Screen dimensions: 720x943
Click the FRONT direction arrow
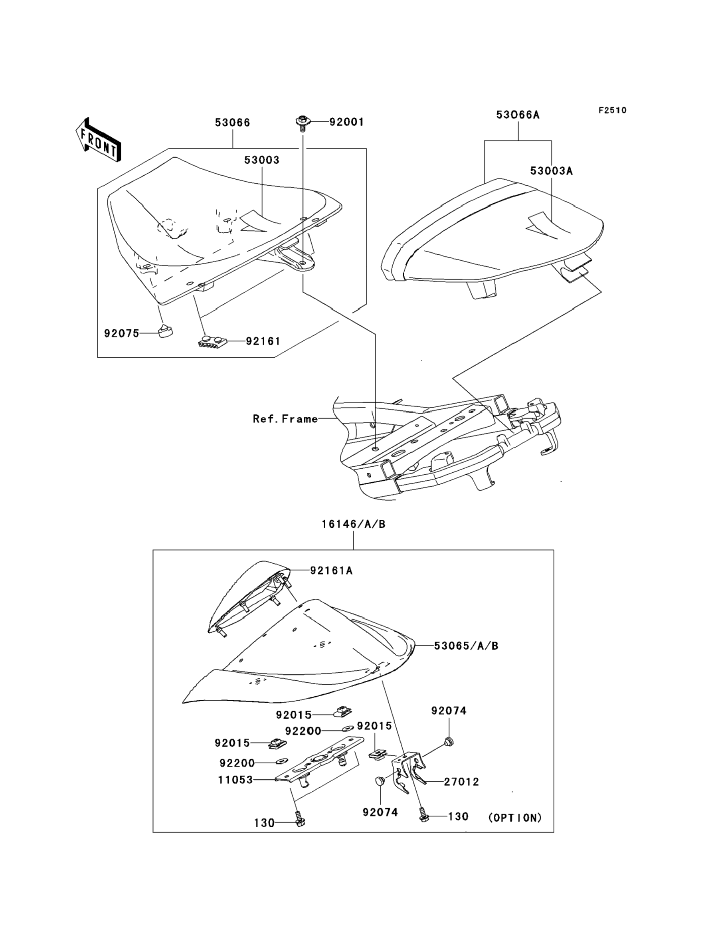[97, 140]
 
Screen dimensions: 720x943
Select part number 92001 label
[346, 122]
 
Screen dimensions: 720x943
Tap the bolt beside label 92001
[303, 122]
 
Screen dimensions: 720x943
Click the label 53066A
[518, 115]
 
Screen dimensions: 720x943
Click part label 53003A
[551, 170]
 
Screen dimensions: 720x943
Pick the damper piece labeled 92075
[164, 331]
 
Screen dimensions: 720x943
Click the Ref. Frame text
[285, 418]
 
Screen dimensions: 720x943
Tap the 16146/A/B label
[354, 524]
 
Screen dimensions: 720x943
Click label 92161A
[331, 571]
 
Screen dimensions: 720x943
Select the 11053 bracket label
[235, 780]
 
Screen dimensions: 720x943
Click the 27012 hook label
[461, 781]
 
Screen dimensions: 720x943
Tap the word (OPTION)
[515, 818]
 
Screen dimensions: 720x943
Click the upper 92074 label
[449, 711]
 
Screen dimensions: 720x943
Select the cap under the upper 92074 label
[449, 740]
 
